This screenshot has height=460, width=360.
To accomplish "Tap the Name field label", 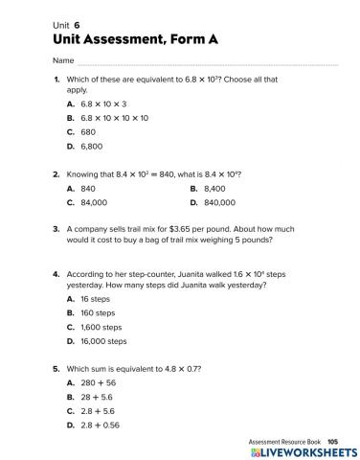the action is [x=64, y=60].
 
